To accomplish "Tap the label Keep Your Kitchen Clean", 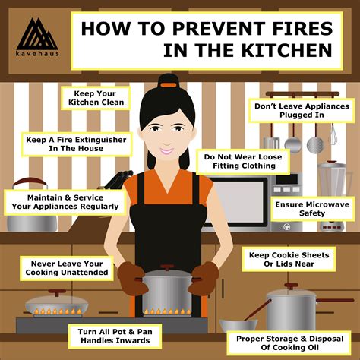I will pos(95,97).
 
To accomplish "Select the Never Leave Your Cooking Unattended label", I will pos(66,268).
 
